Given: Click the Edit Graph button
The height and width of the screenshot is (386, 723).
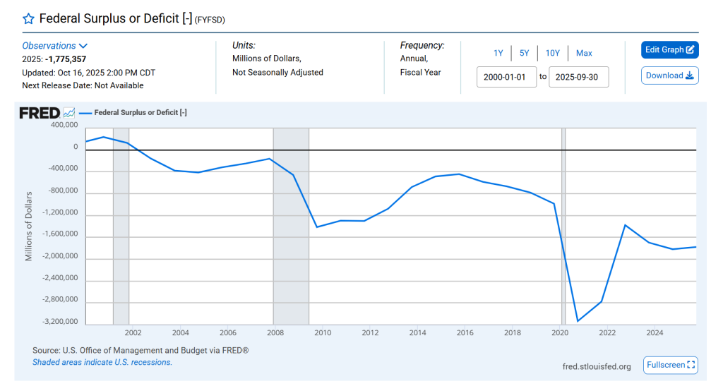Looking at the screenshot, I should (x=669, y=50).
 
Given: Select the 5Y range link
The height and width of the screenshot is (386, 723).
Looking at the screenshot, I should (x=524, y=53).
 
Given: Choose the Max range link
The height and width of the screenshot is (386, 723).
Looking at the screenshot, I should (x=584, y=53).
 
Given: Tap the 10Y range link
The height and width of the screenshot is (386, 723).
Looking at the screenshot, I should (x=553, y=53).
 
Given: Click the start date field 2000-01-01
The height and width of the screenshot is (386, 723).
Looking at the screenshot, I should (x=506, y=77).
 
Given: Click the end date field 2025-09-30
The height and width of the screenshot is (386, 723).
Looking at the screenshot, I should (x=578, y=77).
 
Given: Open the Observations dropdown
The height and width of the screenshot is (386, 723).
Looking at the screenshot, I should (x=55, y=46).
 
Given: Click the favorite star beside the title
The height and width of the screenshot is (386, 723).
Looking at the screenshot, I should (x=28, y=18).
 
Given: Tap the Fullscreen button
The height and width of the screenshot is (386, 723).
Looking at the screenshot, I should (x=670, y=365).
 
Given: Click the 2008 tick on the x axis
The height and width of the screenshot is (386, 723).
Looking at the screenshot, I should (x=275, y=332).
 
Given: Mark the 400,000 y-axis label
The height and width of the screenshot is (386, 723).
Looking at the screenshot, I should (x=61, y=125).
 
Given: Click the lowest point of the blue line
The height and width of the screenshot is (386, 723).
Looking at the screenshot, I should (x=578, y=321).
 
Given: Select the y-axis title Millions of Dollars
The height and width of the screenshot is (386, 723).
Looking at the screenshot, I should (x=29, y=226).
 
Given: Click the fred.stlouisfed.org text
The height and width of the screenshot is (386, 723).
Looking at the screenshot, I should (x=597, y=366).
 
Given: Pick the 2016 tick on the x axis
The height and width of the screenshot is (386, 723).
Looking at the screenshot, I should (x=465, y=332).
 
